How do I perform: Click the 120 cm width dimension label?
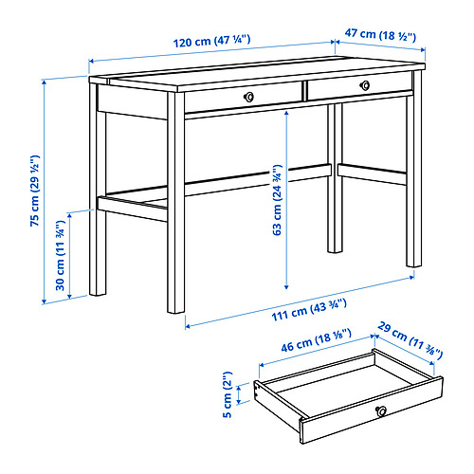(x=212, y=41)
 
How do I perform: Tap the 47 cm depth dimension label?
(x=380, y=34)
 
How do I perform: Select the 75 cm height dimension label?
(x=35, y=191)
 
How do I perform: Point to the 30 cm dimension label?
(x=60, y=255)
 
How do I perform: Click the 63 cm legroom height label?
(x=277, y=200)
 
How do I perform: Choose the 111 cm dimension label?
(x=309, y=310)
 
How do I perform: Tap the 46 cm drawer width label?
(x=316, y=340)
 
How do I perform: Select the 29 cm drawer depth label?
(x=410, y=340)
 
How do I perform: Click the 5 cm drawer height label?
(x=228, y=394)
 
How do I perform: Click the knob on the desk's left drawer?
(x=249, y=97)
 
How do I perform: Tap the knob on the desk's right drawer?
(x=365, y=85)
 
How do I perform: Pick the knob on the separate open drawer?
(x=381, y=411)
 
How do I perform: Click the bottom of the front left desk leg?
(x=175, y=311)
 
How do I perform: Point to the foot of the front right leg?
(x=414, y=265)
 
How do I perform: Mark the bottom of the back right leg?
(x=335, y=251)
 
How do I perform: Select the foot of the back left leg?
(x=98, y=294)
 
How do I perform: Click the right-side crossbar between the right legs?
(x=372, y=174)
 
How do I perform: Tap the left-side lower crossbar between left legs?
(x=133, y=209)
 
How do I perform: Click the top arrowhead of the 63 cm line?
(x=286, y=113)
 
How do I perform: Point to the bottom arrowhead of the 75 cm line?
(x=45, y=301)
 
